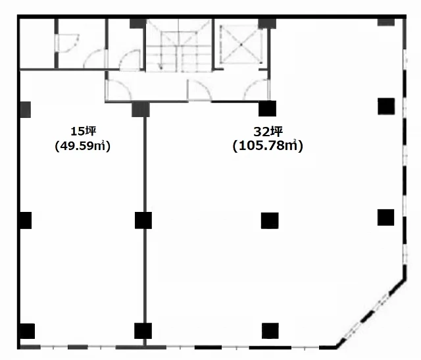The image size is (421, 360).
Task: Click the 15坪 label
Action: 84,132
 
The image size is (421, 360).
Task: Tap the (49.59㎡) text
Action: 83,146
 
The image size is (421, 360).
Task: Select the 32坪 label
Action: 268,132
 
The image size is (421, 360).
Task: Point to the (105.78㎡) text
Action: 268,146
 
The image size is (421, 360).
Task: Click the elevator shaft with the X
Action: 241,45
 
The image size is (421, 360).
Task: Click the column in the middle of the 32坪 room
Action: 270,220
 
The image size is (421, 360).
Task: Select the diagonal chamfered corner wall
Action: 371,313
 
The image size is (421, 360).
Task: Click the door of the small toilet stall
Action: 68,43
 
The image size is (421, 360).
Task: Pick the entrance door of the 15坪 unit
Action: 118,90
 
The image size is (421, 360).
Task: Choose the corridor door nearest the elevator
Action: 256,90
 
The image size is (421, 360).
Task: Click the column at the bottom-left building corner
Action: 28,331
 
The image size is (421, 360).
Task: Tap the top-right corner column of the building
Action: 386,22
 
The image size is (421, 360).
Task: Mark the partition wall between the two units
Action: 145,231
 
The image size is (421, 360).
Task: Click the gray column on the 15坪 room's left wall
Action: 26,109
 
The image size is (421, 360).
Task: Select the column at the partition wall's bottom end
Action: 143,331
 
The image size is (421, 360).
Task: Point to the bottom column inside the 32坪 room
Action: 270,331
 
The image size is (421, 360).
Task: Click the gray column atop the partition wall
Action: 141,109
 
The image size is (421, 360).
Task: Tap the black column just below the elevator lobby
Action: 268,109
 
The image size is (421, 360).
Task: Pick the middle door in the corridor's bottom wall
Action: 199,90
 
